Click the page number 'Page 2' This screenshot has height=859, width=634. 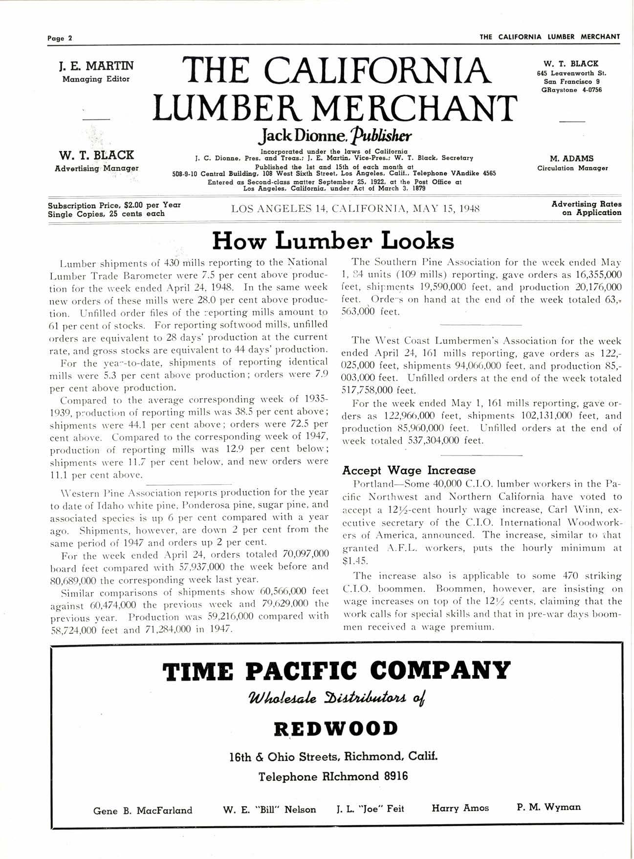[x=60, y=38]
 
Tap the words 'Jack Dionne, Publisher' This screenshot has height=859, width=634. [x=336, y=135]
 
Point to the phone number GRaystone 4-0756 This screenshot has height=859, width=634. [x=571, y=90]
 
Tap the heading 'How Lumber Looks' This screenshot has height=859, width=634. [x=333, y=241]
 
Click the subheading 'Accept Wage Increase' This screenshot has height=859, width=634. [x=409, y=471]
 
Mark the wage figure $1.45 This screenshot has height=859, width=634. [x=355, y=561]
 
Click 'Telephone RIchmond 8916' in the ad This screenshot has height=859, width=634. [x=333, y=776]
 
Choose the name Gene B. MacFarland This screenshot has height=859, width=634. [x=143, y=811]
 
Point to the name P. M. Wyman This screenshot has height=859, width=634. [x=548, y=807]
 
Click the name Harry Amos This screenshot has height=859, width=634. [x=460, y=808]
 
